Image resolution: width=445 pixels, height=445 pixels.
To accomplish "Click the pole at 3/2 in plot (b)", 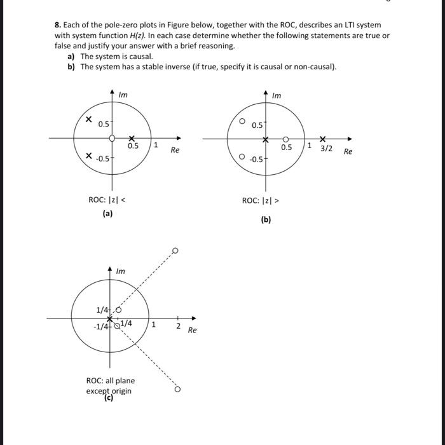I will tap(323, 139).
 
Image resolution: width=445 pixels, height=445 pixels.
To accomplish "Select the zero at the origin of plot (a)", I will tap(112, 138).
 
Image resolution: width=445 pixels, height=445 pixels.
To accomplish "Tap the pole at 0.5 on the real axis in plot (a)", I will tap(132, 138).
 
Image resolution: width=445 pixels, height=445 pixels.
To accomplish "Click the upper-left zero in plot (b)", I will tap(242, 119).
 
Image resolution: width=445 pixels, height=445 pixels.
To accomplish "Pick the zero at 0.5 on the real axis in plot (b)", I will tap(286, 139).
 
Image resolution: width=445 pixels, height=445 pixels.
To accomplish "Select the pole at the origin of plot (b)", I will tap(266, 139).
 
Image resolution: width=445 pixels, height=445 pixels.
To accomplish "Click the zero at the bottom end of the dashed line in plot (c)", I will tap(177, 388).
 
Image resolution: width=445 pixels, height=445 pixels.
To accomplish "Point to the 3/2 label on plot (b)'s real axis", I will tap(326, 148).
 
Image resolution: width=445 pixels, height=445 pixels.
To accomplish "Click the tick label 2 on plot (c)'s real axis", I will tap(178, 327).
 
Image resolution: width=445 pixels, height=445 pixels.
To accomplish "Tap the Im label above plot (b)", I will tap(276, 95).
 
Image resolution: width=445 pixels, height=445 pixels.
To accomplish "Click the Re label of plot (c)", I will tap(193, 331).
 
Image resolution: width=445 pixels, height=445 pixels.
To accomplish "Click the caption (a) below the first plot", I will tap(107, 214).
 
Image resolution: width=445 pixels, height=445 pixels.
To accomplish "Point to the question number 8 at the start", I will tap(57, 25).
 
